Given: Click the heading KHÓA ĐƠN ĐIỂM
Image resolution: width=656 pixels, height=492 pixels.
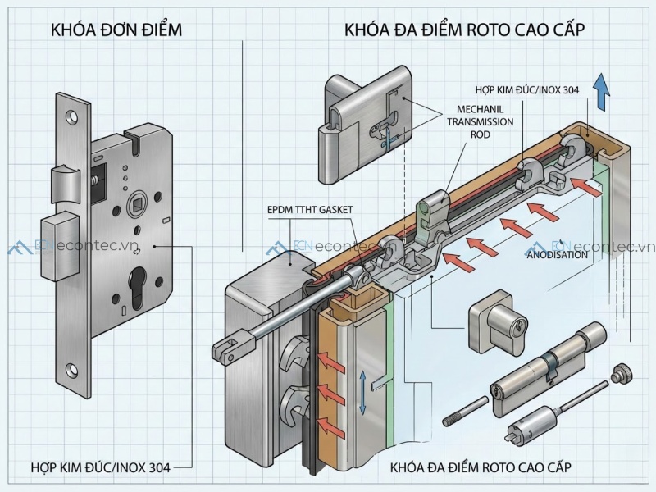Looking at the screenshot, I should pyautogui.click(x=116, y=31).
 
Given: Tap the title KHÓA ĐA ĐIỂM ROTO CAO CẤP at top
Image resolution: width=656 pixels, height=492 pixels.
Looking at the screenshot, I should pyautogui.click(x=466, y=31).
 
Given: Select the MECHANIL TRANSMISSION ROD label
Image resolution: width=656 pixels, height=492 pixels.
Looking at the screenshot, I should pyautogui.click(x=480, y=121).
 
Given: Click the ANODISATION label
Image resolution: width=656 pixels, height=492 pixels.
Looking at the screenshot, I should pyautogui.click(x=557, y=255).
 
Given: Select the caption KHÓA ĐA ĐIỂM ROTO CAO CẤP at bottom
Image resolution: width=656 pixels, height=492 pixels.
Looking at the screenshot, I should pyautogui.click(x=481, y=468).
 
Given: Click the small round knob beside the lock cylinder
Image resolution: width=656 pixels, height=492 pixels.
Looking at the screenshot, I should pyautogui.click(x=623, y=374).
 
